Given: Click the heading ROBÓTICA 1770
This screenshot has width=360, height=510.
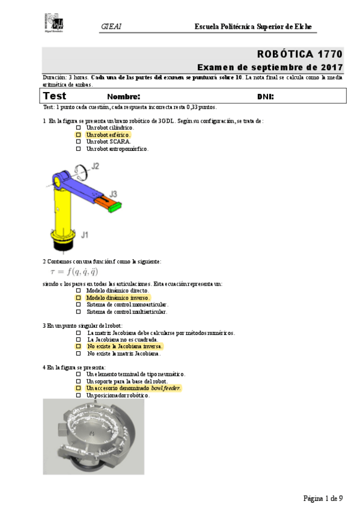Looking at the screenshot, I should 300,54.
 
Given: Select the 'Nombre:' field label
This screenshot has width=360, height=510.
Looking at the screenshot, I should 123,97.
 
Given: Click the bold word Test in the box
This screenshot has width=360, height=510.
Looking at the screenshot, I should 55,96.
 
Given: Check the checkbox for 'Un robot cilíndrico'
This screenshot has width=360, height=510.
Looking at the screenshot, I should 78,128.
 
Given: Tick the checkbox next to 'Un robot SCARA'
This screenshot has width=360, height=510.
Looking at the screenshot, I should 78,142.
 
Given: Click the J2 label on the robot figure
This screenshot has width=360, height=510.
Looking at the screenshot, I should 95,165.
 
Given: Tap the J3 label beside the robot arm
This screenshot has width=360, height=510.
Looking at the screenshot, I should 112,194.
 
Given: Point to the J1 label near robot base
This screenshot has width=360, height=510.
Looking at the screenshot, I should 85,235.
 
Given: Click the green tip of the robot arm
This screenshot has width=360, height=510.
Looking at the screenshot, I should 114,206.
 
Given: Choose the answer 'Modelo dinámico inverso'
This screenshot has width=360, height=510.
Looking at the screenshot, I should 117,298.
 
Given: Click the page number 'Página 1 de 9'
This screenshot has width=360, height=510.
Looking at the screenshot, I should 323,499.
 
